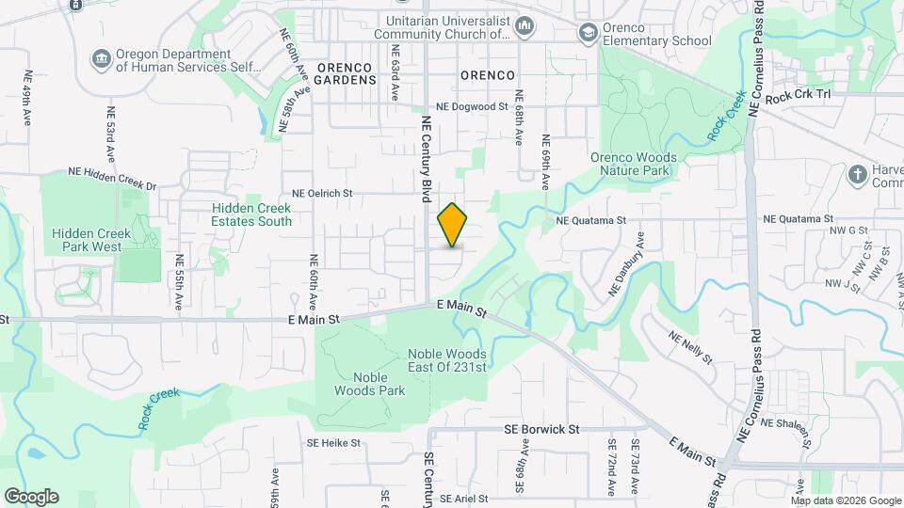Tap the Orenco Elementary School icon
point(589,34)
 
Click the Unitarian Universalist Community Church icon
point(525,27)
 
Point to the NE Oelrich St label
point(322,193)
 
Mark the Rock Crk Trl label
point(799,96)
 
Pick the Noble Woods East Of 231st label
point(446,360)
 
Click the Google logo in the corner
point(31,497)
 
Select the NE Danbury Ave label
point(627,264)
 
